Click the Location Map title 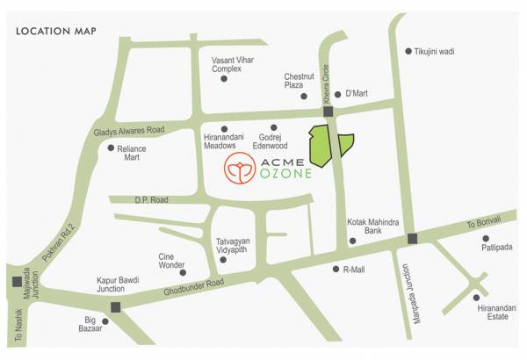[55, 32]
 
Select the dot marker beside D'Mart [337, 94]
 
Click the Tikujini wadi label [436, 51]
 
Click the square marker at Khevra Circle [328, 112]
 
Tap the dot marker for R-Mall [336, 269]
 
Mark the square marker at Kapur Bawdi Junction [116, 306]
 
